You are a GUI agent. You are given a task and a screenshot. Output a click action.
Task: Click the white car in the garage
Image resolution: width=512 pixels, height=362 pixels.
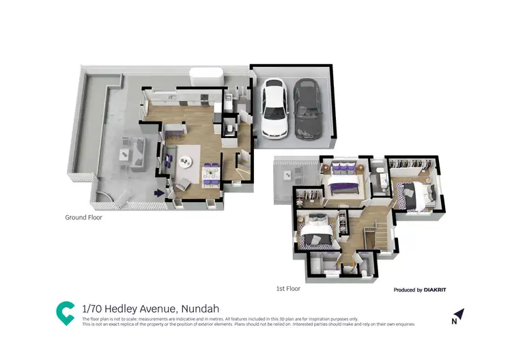274,109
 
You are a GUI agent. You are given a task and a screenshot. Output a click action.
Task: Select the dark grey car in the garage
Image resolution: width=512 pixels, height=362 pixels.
307,109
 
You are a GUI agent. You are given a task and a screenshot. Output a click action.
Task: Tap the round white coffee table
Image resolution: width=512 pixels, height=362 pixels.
185,162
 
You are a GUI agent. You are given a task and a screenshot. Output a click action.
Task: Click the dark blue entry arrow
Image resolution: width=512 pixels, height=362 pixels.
160,193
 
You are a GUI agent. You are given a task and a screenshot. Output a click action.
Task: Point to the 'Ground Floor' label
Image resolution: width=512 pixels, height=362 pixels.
84,217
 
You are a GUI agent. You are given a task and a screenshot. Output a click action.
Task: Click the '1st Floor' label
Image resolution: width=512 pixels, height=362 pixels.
288,289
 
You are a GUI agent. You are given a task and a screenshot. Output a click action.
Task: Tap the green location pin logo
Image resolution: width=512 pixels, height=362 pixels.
65,312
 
